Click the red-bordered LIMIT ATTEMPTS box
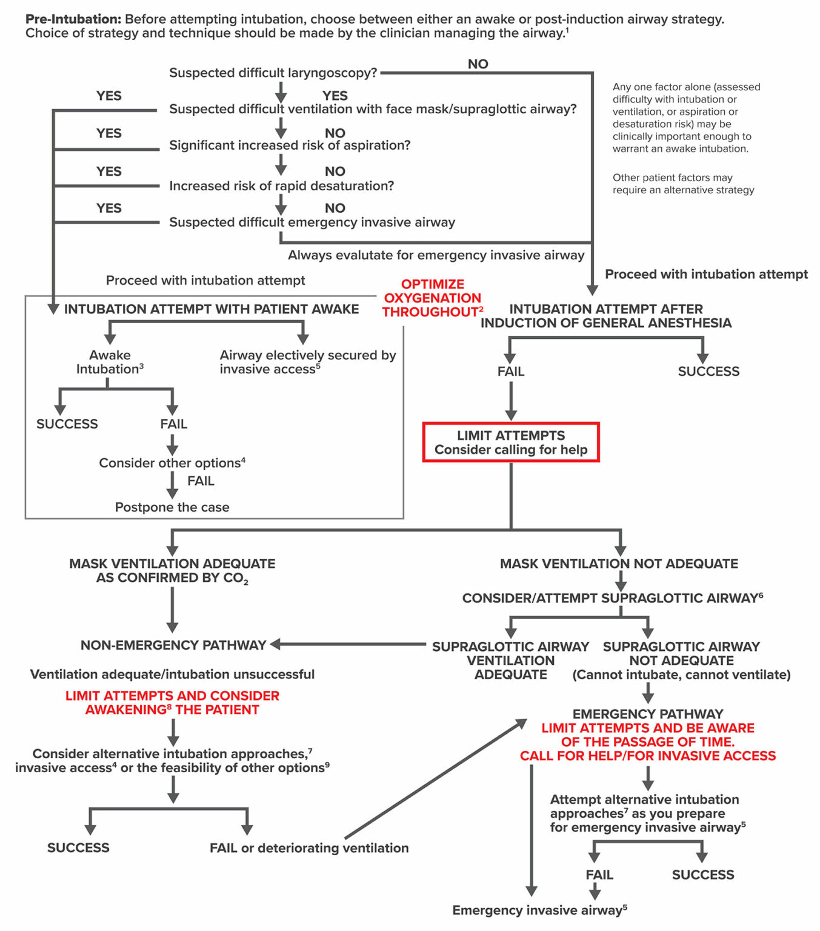coord(510,442)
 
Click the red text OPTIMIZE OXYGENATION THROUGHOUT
coord(432,298)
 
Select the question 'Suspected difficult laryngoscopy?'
coord(273,73)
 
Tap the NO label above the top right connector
coord(478,64)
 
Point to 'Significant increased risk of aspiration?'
coord(290,145)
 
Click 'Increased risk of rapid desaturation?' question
coord(281,186)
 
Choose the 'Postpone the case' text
coord(172,507)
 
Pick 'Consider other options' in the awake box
coord(172,463)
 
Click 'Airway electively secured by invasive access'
coord(307,362)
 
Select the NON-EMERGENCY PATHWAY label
coord(173,646)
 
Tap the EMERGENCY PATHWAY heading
coord(647,714)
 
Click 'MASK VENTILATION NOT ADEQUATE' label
coord(619,564)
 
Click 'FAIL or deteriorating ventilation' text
coord(309,848)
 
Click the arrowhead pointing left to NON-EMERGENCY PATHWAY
coord(275,644)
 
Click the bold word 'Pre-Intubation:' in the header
coord(73,19)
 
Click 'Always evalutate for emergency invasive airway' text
coord(436,255)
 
